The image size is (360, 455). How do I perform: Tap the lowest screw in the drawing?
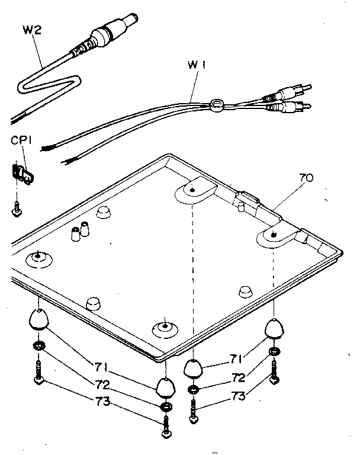coord(165,428)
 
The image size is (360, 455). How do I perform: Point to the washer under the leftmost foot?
coord(38,345)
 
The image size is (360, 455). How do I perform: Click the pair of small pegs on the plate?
coord(79,232)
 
